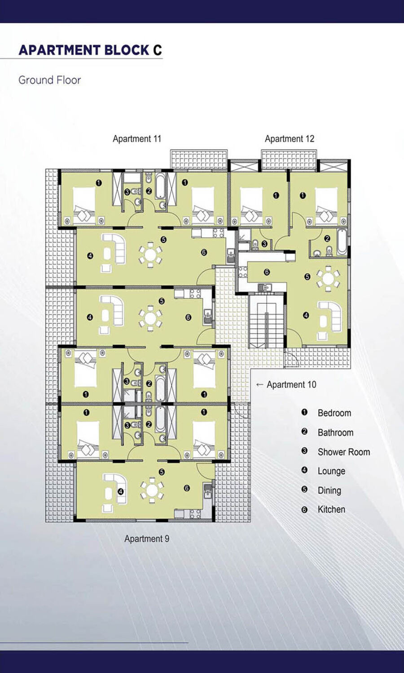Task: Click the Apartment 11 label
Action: point(137,139)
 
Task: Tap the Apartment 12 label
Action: point(290,139)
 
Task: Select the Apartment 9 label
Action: point(147,539)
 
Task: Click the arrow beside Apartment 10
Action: point(259,384)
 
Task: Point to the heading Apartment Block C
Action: point(90,50)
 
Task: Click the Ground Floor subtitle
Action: point(49,80)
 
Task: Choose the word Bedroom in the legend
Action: point(334,413)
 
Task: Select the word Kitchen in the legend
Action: point(331,509)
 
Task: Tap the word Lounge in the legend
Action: point(331,471)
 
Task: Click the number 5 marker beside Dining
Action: point(304,490)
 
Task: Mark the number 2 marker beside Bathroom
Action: point(304,432)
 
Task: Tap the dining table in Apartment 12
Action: point(328,279)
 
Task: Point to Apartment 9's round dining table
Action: point(152,490)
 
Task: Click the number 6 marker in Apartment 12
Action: point(267,272)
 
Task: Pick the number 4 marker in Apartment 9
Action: point(121,492)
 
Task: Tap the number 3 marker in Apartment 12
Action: point(264,244)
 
